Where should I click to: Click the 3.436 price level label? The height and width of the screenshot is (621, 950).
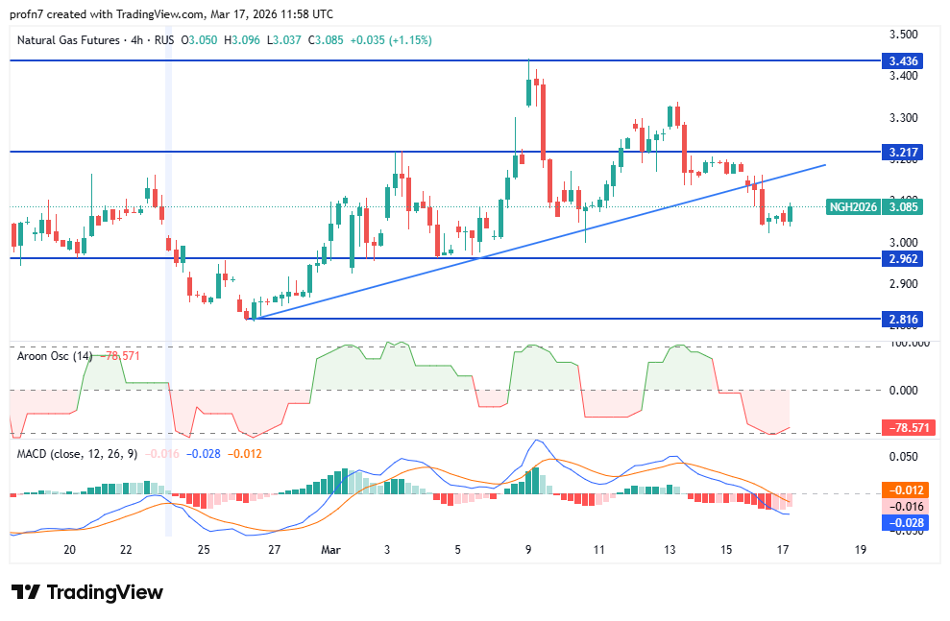point(904,60)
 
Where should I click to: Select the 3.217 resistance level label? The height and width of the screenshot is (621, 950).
point(904,152)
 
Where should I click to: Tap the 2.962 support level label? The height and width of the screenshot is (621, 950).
point(904,258)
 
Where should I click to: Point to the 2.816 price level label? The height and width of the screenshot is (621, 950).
point(904,319)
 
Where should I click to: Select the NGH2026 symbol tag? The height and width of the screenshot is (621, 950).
point(854,206)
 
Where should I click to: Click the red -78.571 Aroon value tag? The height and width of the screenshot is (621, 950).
point(904,428)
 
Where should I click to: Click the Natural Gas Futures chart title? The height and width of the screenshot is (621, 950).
point(67,40)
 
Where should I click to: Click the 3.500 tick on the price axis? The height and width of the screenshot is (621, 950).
point(904,35)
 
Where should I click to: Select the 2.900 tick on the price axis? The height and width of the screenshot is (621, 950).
point(904,284)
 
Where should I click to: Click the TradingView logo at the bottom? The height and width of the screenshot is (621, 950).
point(87,592)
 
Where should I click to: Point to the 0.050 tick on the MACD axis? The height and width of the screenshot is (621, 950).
point(904,457)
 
